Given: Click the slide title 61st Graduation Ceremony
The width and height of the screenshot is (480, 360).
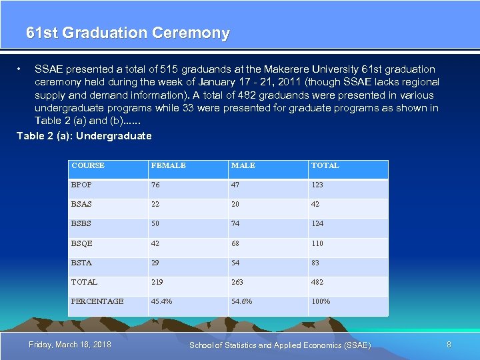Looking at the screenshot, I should pos(128,33).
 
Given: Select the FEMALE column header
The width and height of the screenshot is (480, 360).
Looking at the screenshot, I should pos(168,165).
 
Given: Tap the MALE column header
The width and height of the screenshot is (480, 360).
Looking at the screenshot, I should pos(243,165).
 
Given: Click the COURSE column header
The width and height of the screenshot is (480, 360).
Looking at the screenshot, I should pos(88,165).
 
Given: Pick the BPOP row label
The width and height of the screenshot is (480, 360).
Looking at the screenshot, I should pos(81,185).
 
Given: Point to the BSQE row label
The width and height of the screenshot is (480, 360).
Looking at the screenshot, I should pos(81,243).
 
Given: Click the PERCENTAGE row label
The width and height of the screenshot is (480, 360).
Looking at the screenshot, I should pos(97,301).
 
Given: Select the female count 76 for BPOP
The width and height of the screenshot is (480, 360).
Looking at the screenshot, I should pos(155,185).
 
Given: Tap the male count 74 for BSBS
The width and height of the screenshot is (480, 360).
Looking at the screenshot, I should pos(235,224).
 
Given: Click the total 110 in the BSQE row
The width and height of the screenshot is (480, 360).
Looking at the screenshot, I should pos(317,243).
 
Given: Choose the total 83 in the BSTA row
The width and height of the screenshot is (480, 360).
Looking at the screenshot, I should pos(315,263).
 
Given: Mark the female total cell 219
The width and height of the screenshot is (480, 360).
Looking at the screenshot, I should pos(157,282).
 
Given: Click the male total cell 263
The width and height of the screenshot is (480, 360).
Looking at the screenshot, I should pos(237,282).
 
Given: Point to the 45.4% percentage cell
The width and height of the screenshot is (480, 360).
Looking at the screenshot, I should pos(161,301).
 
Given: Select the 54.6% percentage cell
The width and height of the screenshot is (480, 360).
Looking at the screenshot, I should pos(241,301).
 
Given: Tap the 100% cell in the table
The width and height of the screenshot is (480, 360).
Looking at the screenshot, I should pos(320,301).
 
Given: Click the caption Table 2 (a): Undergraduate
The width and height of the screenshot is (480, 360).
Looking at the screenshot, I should pos(84,136).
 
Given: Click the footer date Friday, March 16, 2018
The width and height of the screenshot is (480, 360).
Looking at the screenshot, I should pos(70,344).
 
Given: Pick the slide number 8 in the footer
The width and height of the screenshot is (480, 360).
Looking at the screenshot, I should pos(449,344).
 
